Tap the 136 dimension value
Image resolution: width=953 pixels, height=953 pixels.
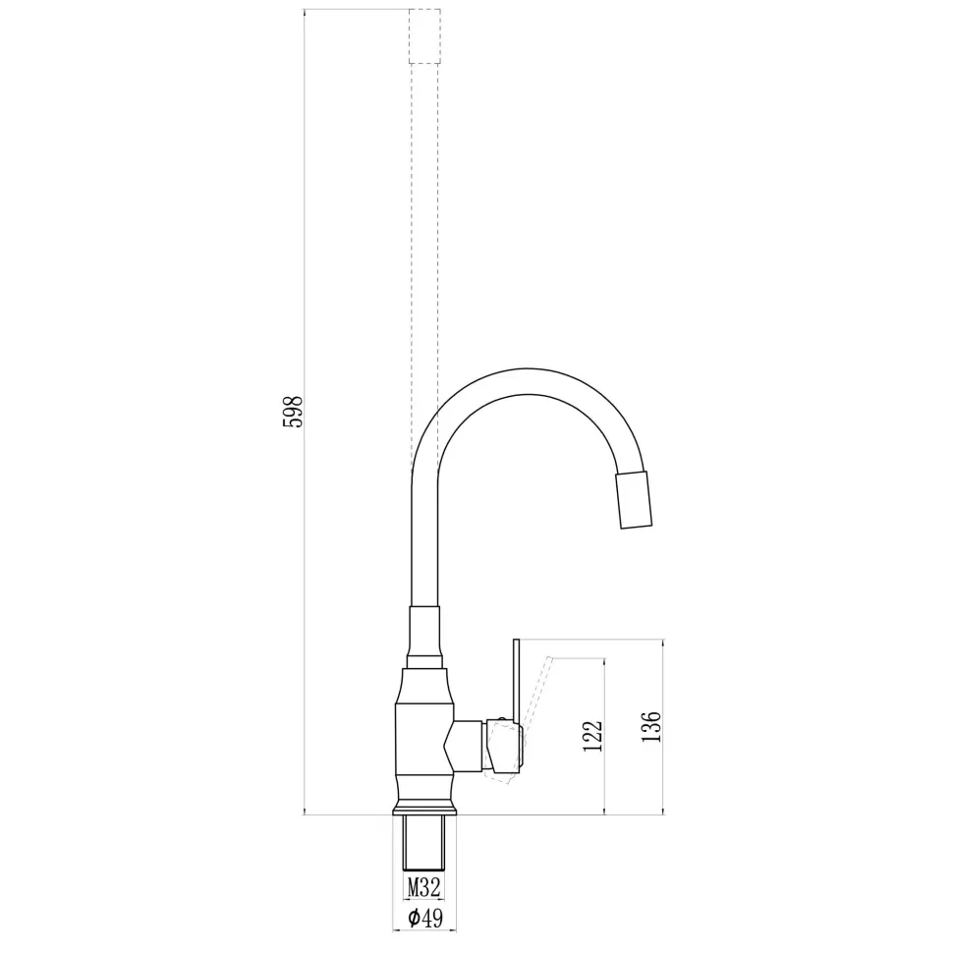[x=649, y=726]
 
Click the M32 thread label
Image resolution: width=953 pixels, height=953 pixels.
[x=424, y=888]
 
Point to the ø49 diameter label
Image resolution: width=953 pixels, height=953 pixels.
[x=423, y=919]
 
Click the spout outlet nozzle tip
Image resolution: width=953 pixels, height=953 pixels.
[x=635, y=500]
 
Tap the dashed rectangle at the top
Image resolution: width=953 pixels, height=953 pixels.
[x=424, y=36]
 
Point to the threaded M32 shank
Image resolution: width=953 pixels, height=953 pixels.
[x=424, y=843]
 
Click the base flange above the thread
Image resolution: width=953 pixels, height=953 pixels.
[x=424, y=808]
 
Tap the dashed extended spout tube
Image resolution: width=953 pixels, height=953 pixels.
[x=424, y=246]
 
